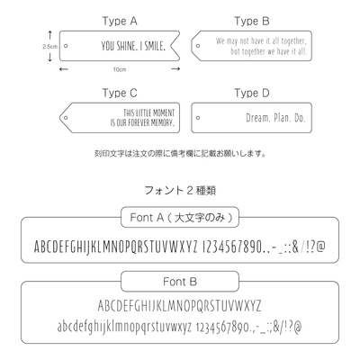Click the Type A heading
click(x=120, y=22)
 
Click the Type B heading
click(x=252, y=22)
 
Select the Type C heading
click(x=120, y=93)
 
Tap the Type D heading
click(x=252, y=93)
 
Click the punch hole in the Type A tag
click(x=66, y=46)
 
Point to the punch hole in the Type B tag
click(x=198, y=46)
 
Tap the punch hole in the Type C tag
click(x=66, y=118)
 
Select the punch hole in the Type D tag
click(x=198, y=118)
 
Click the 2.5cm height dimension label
click(x=49, y=47)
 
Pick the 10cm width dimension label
click(x=120, y=69)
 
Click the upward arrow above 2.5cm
click(x=50, y=35)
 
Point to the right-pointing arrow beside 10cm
click(x=175, y=69)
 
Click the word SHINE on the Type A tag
click(x=125, y=46)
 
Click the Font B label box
click(x=180, y=282)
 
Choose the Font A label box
click(x=180, y=217)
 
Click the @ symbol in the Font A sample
click(x=320, y=247)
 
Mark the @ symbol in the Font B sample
click(x=298, y=327)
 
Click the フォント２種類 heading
click(x=180, y=191)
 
